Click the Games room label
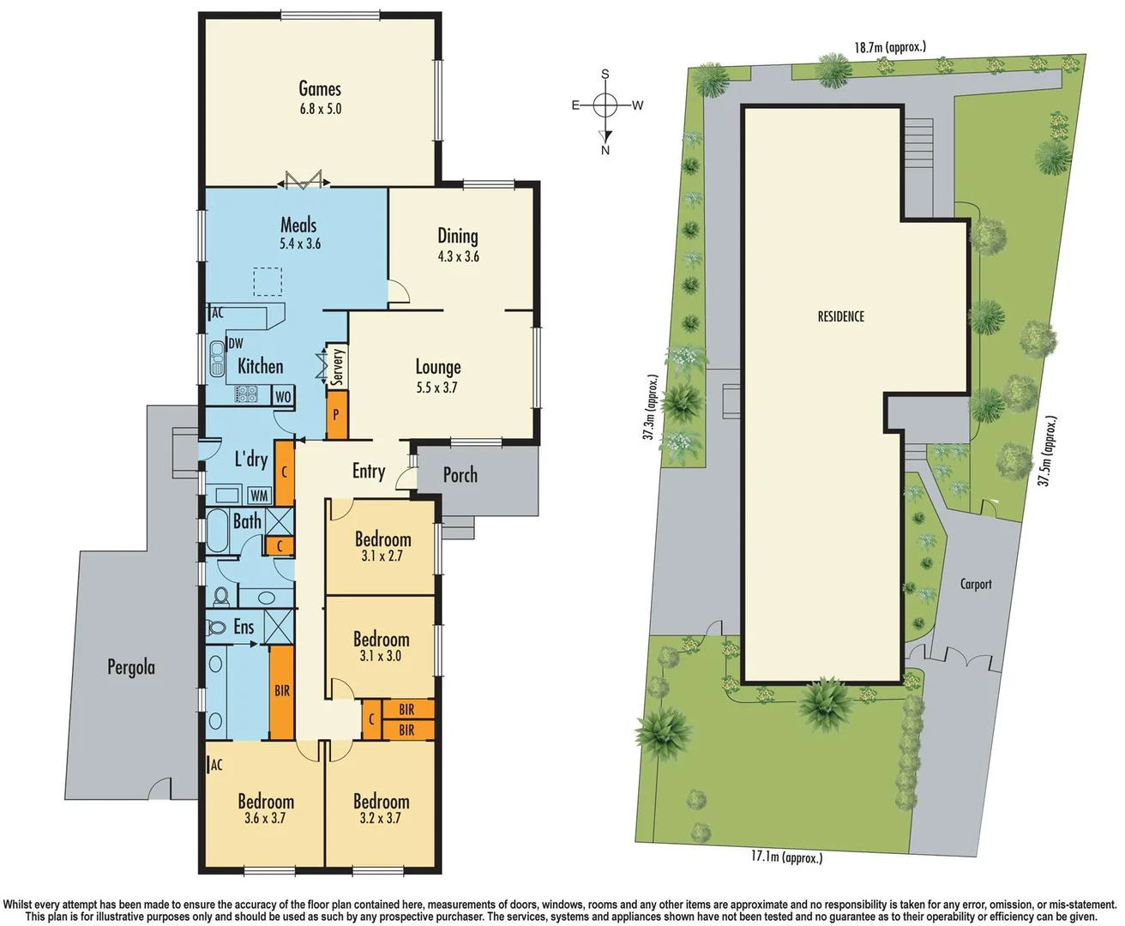pos(320,89)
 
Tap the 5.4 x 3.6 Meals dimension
pos(299,244)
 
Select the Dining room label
pos(458,236)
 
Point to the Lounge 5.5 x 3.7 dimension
pos(437,388)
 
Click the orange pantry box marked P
pos(337,413)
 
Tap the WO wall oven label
pos(283,396)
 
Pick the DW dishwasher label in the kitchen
pos(235,343)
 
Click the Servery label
pos(338,366)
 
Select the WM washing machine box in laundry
pos(259,496)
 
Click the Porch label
pos(460,475)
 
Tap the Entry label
pos(369,471)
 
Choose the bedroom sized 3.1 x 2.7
pos(382,547)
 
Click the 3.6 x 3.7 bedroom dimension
pos(265,819)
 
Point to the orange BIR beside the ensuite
pos(282,691)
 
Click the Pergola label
pos(131,667)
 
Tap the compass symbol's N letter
pos(605,150)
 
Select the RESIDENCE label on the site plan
pos(840,316)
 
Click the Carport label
pos(976,584)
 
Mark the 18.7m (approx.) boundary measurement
pos(890,47)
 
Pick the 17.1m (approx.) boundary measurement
pos(786,857)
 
